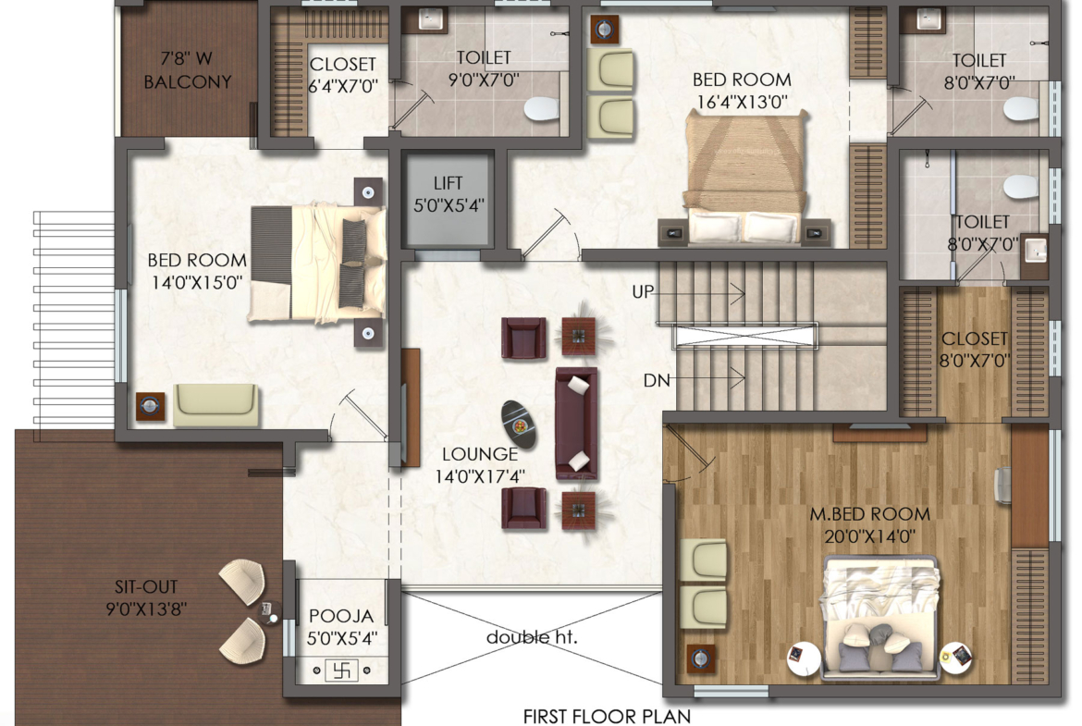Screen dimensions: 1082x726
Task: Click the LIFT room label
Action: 448,183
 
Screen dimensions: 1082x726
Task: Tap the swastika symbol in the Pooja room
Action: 341,671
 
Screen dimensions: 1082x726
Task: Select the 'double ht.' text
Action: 532,637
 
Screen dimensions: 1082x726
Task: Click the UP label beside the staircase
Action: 643,292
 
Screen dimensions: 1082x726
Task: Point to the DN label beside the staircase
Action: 657,380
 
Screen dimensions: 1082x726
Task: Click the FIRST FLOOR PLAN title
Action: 607,717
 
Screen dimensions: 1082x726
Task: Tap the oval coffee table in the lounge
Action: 519,425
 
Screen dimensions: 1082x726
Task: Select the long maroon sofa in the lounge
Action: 576,423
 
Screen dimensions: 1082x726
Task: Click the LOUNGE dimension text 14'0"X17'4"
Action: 480,476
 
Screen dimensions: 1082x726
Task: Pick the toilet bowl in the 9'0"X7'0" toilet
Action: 541,108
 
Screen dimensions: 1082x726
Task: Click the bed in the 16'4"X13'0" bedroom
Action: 744,178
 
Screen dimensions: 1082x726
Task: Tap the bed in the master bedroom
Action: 879,618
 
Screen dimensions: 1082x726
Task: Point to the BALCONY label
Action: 187,82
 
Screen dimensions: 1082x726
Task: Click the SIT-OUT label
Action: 145,587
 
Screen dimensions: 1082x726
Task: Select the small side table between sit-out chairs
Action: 268,611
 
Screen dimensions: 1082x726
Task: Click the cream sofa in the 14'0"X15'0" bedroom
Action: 216,404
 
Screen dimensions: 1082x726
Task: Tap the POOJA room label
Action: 341,616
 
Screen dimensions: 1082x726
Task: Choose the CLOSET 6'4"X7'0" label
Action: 343,75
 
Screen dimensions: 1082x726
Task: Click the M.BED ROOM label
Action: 869,514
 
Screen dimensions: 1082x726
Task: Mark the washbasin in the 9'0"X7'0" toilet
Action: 428,20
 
